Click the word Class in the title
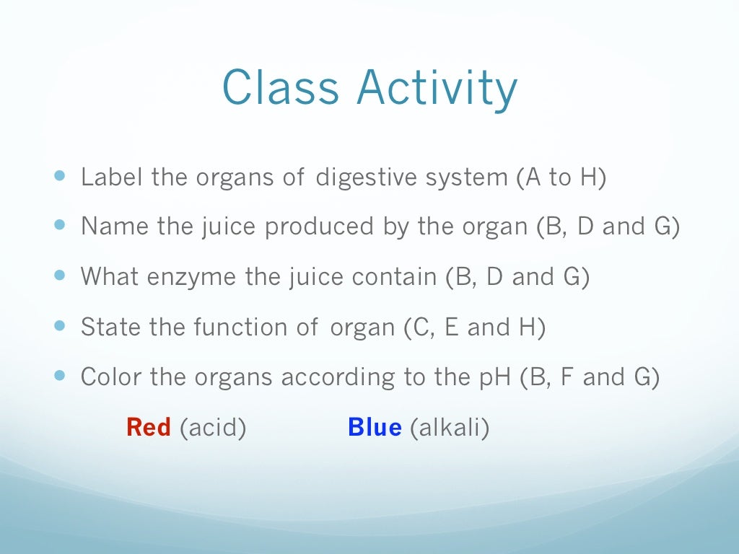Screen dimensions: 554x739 pyautogui.click(x=281, y=88)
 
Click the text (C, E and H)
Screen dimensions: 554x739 pyautogui.click(x=473, y=327)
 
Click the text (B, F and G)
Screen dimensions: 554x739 pyautogui.click(x=590, y=377)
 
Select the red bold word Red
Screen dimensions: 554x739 pyautogui.click(x=149, y=428)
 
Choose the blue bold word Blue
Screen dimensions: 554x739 pyautogui.click(x=375, y=428)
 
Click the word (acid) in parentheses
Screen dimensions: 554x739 pyautogui.click(x=213, y=428)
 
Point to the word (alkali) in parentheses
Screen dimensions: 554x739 pyautogui.click(x=450, y=428)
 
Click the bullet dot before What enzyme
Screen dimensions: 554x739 pyautogui.click(x=59, y=275)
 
